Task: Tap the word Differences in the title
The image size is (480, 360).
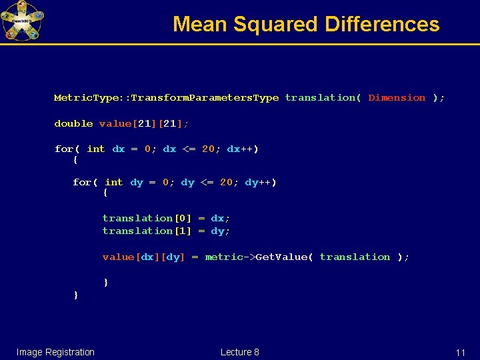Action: (382, 25)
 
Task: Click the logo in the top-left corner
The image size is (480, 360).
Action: (22, 21)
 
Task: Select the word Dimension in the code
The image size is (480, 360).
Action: (397, 97)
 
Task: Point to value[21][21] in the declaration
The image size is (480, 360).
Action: (143, 123)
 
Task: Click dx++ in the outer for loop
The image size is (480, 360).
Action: (241, 149)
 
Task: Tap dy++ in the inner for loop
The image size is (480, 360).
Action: (259, 182)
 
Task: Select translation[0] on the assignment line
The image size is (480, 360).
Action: (147, 218)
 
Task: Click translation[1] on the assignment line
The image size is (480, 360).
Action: (147, 231)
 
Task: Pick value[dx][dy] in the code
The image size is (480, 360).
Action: (143, 257)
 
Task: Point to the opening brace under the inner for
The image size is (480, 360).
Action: (105, 193)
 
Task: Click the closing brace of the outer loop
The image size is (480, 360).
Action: (76, 294)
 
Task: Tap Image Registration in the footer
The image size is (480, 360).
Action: (55, 352)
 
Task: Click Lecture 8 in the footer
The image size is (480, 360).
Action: (239, 352)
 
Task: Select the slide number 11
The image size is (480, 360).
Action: (460, 353)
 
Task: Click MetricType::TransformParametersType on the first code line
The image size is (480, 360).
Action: (166, 97)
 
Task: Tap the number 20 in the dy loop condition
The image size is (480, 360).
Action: (226, 182)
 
